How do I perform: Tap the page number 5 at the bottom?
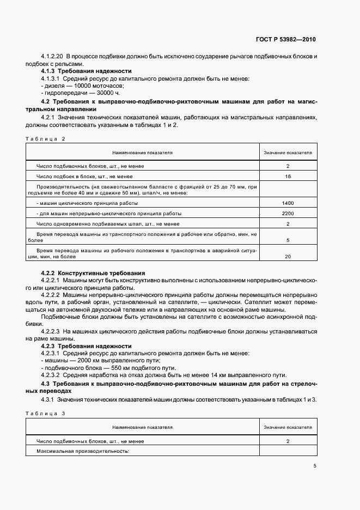[x=315, y=466]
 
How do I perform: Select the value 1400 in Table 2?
[x=288, y=203]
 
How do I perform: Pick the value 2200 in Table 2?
[x=288, y=214]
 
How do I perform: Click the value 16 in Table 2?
[x=288, y=177]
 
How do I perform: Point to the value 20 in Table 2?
[x=288, y=256]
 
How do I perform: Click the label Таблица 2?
[x=45, y=139]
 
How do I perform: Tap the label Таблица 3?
[x=45, y=414]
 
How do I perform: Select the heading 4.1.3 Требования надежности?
[x=86, y=71]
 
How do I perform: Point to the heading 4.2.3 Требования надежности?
[x=86, y=346]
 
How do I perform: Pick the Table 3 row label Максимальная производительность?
[x=82, y=451]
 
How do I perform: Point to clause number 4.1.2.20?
[x=52, y=56]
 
